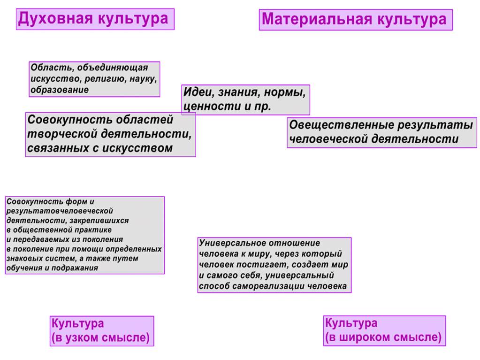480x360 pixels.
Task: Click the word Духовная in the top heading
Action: point(55,19)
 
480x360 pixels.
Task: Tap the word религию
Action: point(105,79)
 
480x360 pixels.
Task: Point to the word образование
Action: point(60,90)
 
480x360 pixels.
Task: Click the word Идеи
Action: point(198,92)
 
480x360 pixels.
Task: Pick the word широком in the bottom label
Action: point(365,337)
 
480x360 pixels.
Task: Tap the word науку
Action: point(143,79)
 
